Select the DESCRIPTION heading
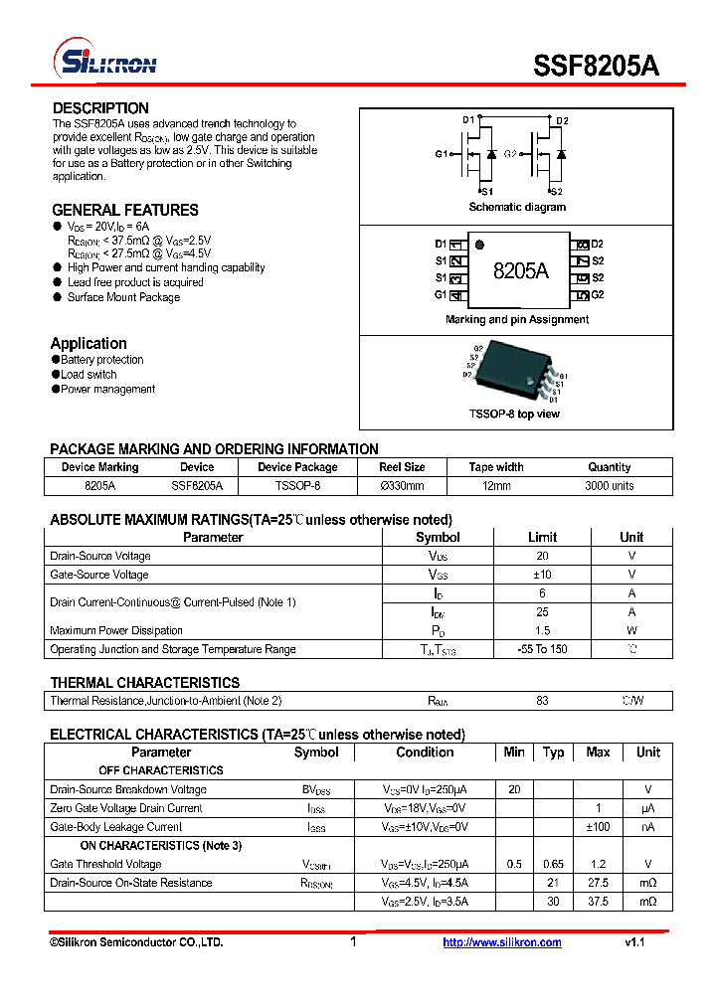point(100,108)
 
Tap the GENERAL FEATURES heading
point(125,210)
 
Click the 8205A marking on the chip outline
point(520,270)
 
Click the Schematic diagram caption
point(517,207)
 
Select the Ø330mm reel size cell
point(402,486)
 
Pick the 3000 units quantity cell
point(609,486)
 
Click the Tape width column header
point(496,467)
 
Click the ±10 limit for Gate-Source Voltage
point(542,575)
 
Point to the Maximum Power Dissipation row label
point(116,630)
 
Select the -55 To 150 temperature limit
point(542,649)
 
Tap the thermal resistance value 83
point(542,701)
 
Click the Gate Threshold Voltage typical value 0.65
point(554,865)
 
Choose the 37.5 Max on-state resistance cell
point(598,902)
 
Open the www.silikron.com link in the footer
point(501,942)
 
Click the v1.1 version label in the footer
point(634,942)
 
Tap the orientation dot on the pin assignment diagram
point(479,245)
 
